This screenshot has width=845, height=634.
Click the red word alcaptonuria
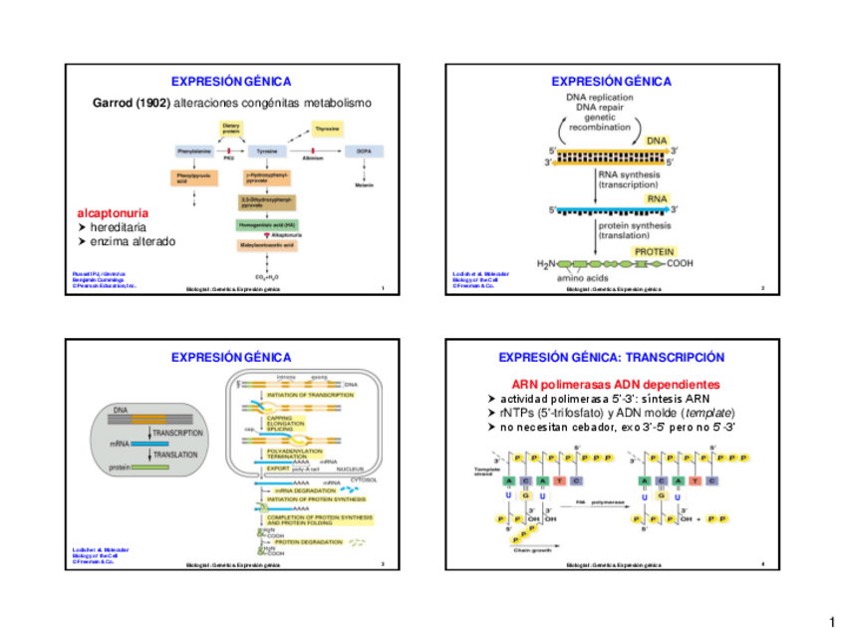[x=114, y=213]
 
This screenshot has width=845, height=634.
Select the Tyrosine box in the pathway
[x=266, y=151]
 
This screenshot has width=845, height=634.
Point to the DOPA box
[x=359, y=151]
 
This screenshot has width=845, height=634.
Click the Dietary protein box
[x=231, y=128]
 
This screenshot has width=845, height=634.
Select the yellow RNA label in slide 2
[x=658, y=198]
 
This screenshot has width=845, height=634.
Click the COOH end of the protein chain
[x=680, y=263]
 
